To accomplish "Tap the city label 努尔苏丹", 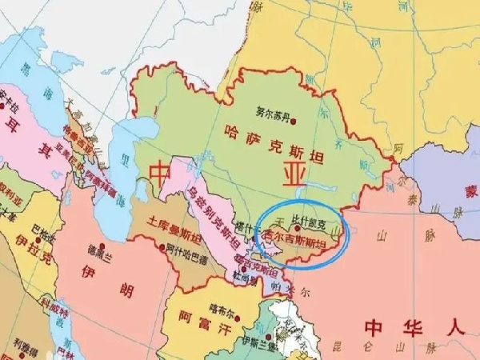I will pyautogui.click(x=271, y=114).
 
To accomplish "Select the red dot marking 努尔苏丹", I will pyautogui.click(x=294, y=121).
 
